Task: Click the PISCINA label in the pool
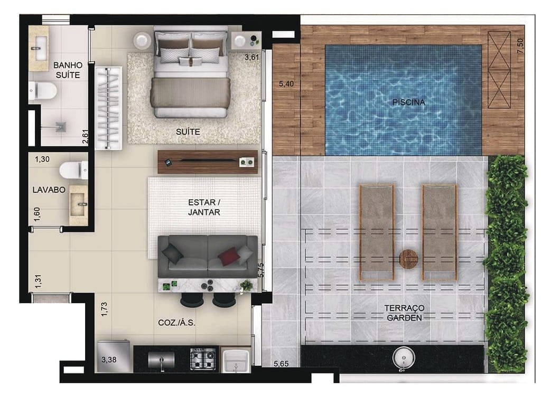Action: pos(408,102)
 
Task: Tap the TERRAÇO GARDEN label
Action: pos(405,313)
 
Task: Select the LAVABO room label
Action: pos(49,190)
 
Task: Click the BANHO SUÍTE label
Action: pos(67,70)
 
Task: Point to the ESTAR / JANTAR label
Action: pos(203,207)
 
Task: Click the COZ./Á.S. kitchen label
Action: pos(176,323)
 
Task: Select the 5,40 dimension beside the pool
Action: pos(285,83)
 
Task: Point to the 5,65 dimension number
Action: pos(281,363)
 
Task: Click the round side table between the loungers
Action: pos(408,259)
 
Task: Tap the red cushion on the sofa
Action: pos(229,256)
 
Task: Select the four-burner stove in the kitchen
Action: pos(203,359)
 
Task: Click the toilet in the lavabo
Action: pos(73,170)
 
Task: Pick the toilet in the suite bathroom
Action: pos(43,91)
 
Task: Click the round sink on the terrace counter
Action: pos(404,359)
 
